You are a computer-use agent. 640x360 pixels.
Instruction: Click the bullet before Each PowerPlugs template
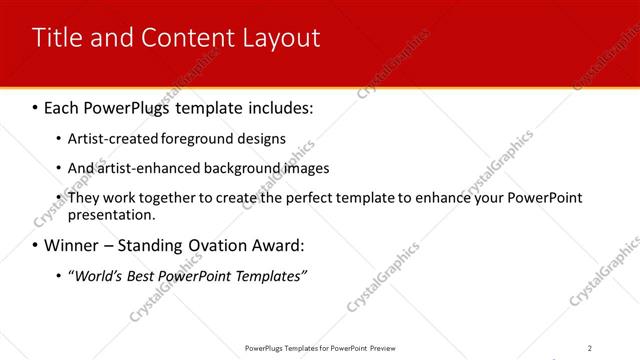(x=36, y=106)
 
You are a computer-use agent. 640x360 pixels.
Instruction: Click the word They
(x=83, y=198)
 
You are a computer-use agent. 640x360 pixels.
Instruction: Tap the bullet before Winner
(x=36, y=245)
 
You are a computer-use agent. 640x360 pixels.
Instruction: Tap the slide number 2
(x=590, y=348)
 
